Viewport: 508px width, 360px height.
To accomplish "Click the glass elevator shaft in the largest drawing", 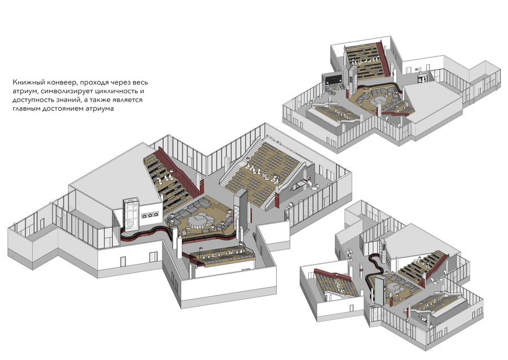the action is click(131, 214).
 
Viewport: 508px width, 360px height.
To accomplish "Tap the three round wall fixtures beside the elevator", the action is click(150, 214).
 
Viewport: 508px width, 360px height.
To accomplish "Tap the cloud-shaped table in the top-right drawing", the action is click(378, 100).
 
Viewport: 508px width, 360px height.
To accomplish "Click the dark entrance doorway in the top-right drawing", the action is click(422, 78).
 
